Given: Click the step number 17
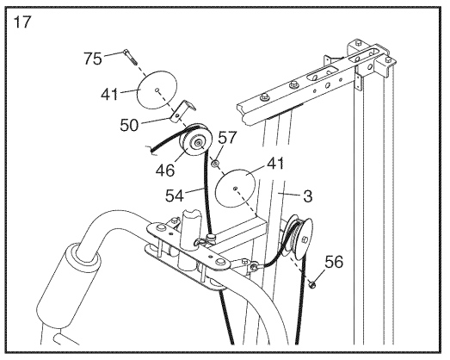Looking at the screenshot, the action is pos(22,22).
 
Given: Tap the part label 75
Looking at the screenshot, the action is pos(92,59).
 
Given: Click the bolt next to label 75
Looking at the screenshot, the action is pos(129,57).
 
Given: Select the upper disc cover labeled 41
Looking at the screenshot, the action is pos(157,90).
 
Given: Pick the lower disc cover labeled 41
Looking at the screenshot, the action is pos(235,189).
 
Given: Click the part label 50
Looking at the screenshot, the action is pos(129,125).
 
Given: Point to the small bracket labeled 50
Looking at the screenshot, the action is pos(182,111).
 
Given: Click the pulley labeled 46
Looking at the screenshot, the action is pos(195,141).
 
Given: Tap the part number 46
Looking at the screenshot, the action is pos(165,170).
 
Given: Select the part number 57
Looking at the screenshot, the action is pos(228,137).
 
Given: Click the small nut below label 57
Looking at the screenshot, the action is pos(214,164).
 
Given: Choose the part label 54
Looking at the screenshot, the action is pos(174,196).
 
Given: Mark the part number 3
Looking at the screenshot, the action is pos(307,196).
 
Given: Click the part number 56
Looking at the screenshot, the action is pos(334,262).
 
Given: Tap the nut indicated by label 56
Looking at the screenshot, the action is pos(311,284).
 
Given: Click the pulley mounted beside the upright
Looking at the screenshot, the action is pos(298,237).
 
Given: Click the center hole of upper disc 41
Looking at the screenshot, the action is pos(157,90).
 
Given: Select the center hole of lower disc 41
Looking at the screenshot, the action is pos(236,189).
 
